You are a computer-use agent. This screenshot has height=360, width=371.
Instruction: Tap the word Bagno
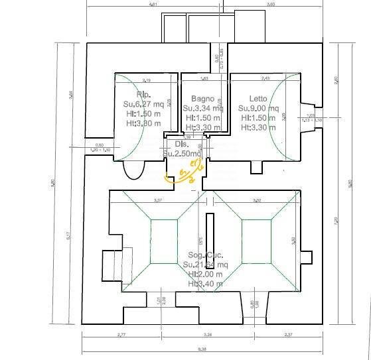197,98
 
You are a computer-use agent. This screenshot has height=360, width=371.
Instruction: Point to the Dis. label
181,143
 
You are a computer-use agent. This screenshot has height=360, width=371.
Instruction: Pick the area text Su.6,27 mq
143,104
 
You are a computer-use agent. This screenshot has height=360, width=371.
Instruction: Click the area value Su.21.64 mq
204,264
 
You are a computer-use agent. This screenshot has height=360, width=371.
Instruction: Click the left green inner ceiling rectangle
162,237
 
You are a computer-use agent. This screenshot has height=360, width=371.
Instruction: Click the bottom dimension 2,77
121,335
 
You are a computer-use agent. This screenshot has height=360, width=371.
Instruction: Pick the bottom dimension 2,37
287,335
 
